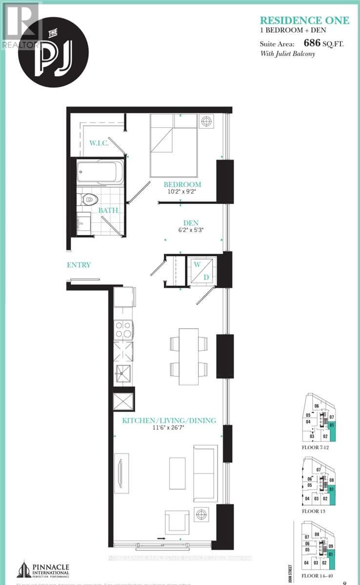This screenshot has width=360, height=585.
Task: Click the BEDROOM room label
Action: pyautogui.click(x=182, y=184)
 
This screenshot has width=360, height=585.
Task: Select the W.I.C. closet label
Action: pyautogui.click(x=98, y=144)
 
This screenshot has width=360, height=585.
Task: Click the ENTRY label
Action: pyautogui.click(x=79, y=265)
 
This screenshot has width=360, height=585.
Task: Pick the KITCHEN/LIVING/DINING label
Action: pyautogui.click(x=169, y=420)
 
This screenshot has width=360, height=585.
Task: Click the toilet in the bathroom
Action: pyautogui.click(x=89, y=199)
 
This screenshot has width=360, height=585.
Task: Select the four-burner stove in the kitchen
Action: pyautogui.click(x=123, y=330)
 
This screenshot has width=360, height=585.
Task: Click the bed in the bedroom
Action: pyautogui.click(x=174, y=145)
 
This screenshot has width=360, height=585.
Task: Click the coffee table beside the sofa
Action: pyautogui.click(x=177, y=472)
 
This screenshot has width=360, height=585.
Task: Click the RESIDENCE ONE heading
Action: pyautogui.click(x=304, y=20)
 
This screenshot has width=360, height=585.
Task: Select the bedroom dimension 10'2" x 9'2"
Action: pyautogui.click(x=182, y=193)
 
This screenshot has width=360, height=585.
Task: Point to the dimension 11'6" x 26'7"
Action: pyautogui.click(x=169, y=429)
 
